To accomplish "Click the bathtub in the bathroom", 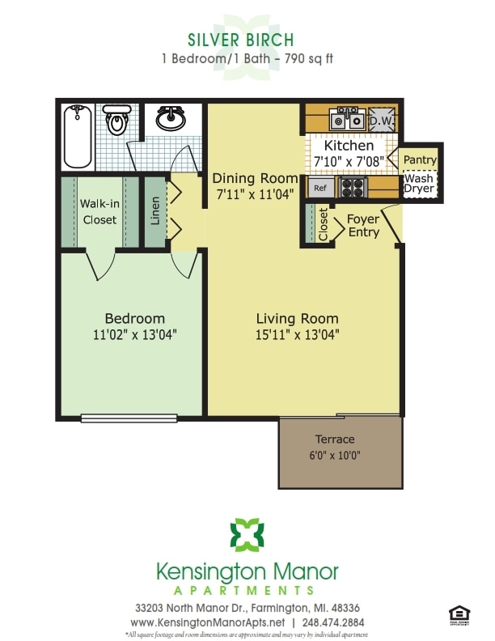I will (x=78, y=135).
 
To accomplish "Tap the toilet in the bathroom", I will (x=116, y=121).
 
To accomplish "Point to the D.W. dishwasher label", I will (x=380, y=121).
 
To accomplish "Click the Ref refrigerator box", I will (x=320, y=188).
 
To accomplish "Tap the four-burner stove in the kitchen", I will (x=353, y=188).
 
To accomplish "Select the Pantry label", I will (x=420, y=160).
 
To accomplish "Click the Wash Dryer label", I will (x=419, y=184).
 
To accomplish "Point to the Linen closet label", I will (x=156, y=211).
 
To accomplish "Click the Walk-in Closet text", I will (x=99, y=212).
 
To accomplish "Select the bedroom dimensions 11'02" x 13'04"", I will (x=134, y=333).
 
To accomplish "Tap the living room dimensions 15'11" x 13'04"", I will (x=297, y=333).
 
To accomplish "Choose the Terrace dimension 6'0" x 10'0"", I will (x=335, y=456).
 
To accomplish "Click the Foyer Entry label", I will (x=363, y=226).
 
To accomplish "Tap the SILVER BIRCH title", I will (x=240, y=40).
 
